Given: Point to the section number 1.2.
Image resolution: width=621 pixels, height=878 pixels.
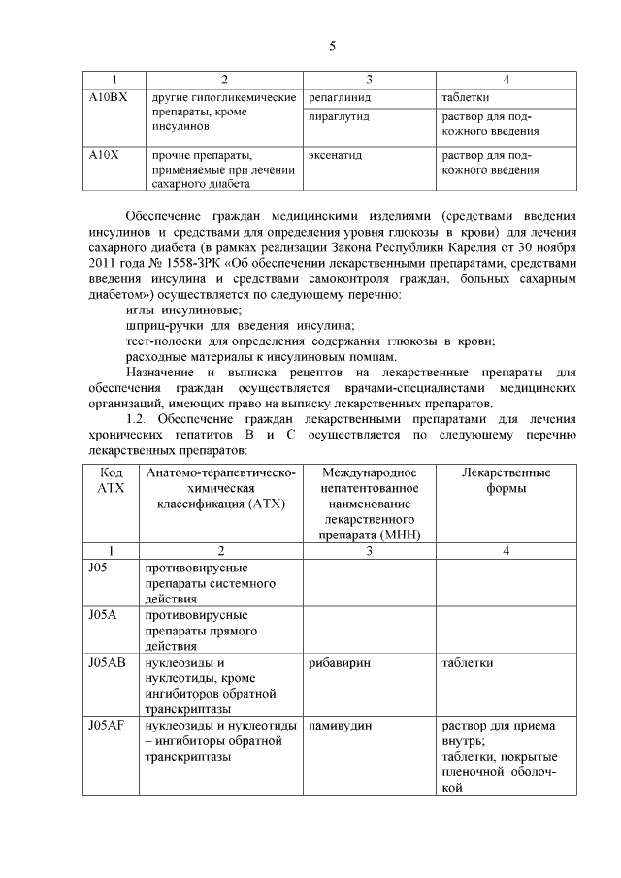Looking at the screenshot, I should (x=139, y=418).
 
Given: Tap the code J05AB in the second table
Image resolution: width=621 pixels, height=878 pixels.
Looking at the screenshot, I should (x=107, y=662).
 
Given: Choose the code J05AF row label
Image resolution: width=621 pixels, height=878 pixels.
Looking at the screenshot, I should (x=107, y=725).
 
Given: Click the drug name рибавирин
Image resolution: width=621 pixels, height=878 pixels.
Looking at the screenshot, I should (x=339, y=662).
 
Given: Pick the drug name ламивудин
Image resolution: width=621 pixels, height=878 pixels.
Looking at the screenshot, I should (x=340, y=725).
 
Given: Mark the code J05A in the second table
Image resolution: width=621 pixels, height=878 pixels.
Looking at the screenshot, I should (x=103, y=614).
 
